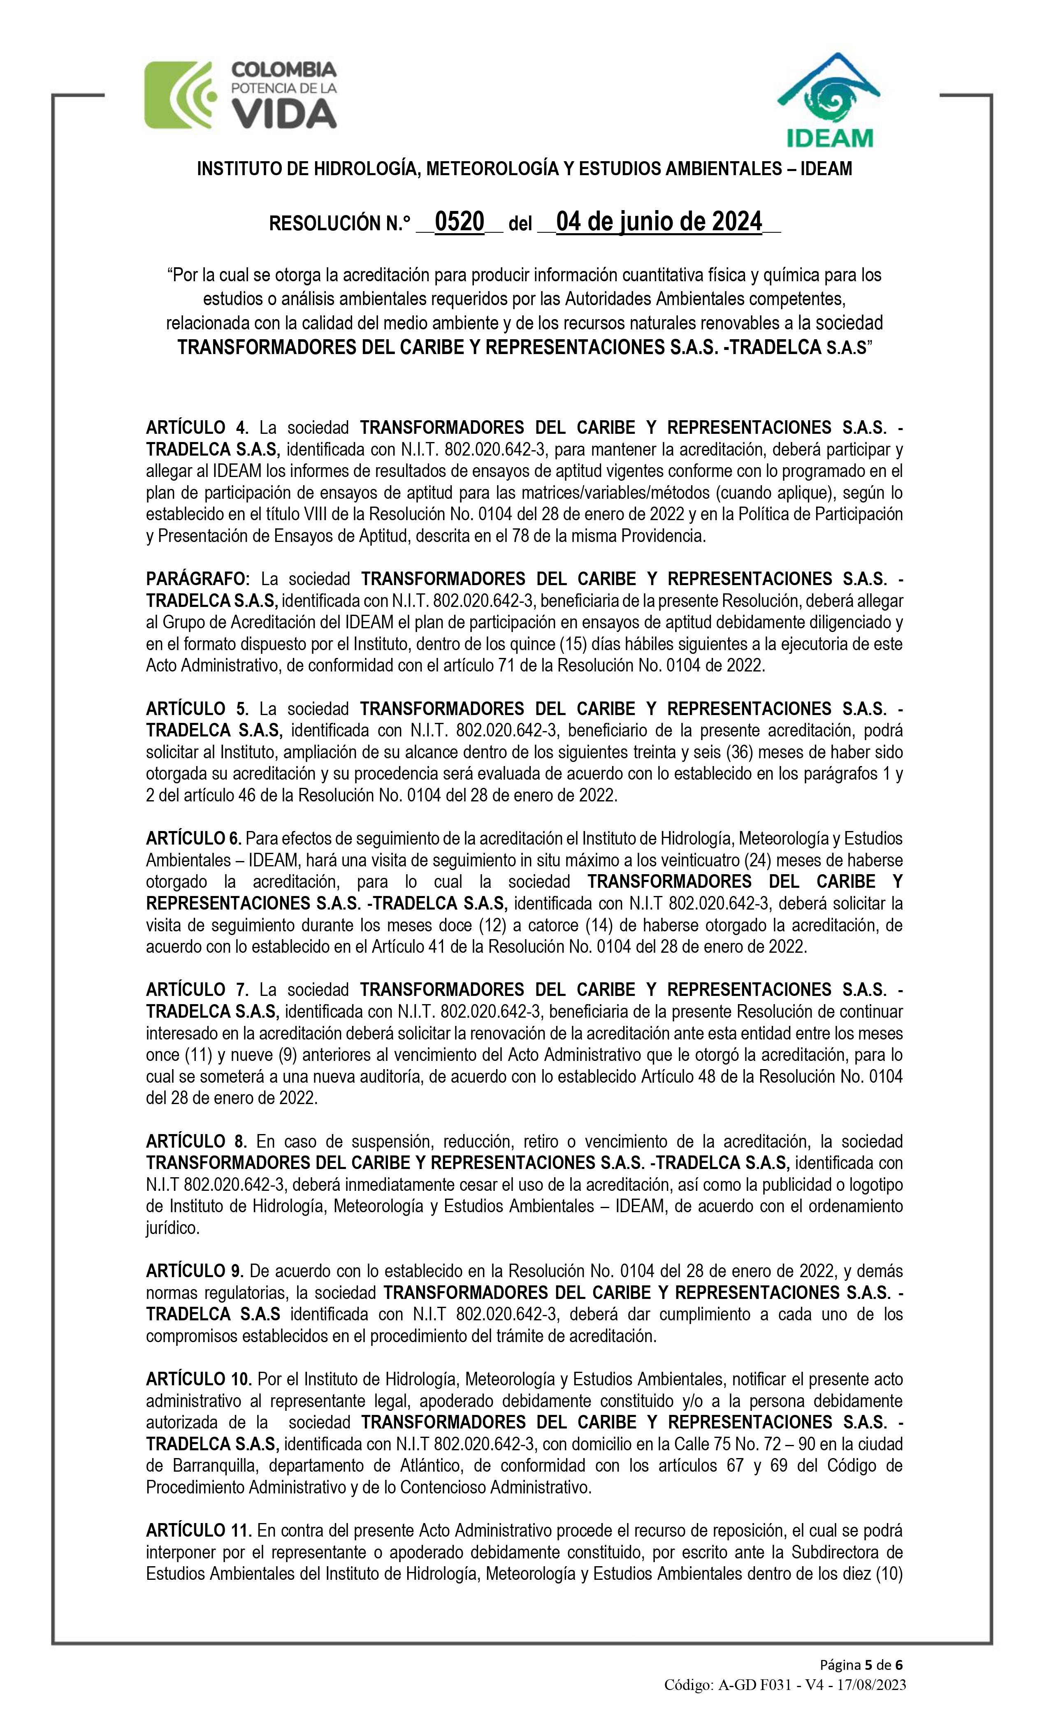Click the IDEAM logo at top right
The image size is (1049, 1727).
coord(828,100)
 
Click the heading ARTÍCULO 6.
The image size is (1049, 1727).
coord(193,838)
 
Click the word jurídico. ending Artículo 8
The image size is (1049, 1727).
coord(172,1228)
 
